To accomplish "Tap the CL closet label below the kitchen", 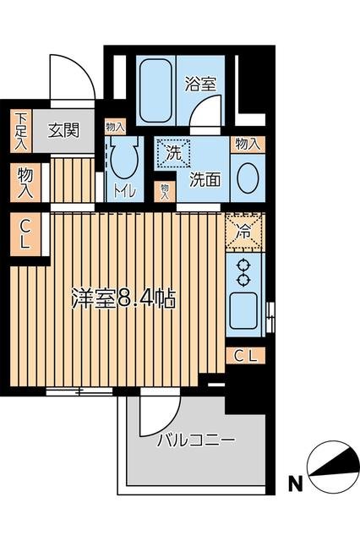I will coord(245,355).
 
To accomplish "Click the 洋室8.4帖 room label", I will coord(123,298).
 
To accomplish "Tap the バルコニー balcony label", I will coord(196,440).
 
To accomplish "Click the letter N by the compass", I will coord(292,484).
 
